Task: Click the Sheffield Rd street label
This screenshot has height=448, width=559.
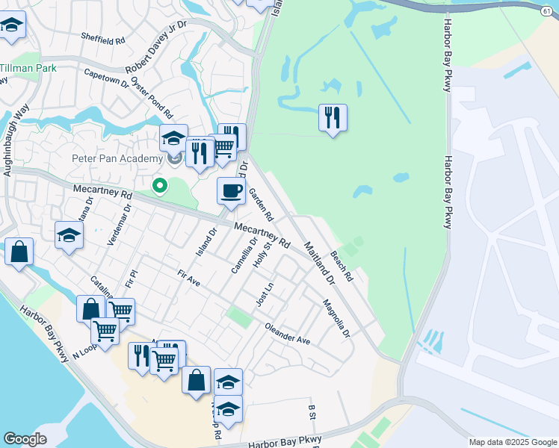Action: [x=102, y=38]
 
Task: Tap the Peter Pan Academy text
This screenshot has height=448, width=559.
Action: [x=117, y=158]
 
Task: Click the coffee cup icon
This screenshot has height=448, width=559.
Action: [x=231, y=190]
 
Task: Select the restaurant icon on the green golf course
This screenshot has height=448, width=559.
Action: [x=333, y=117]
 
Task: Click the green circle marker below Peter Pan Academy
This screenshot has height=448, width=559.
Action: [x=158, y=185]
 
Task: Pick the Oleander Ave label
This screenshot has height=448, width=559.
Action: [x=287, y=333]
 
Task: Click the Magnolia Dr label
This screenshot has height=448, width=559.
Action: [x=336, y=319]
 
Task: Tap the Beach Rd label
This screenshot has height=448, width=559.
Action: [x=341, y=265]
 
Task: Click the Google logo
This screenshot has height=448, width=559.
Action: [x=24, y=439]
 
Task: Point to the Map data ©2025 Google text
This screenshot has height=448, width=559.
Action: [x=513, y=442]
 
